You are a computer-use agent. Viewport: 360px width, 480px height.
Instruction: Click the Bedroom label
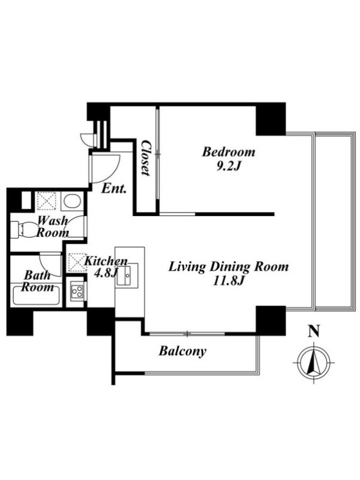[229, 152]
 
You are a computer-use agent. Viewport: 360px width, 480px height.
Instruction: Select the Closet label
[146, 158]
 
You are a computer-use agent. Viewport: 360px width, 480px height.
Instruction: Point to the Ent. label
[114, 188]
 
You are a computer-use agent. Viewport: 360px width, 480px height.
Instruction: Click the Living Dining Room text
[229, 267]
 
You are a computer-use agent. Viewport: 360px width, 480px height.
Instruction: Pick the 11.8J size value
[229, 281]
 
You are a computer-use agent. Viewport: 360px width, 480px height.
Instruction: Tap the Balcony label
[182, 351]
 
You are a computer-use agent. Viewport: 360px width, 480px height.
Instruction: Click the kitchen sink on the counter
[127, 274]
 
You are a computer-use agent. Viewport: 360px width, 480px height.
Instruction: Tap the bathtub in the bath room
[37, 294]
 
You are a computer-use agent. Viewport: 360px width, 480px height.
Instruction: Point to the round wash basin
[73, 201]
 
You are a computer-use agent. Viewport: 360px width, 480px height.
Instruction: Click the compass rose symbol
[314, 362]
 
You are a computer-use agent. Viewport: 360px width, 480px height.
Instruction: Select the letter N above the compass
[314, 331]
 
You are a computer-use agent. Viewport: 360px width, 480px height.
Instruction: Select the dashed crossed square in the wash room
[47, 201]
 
